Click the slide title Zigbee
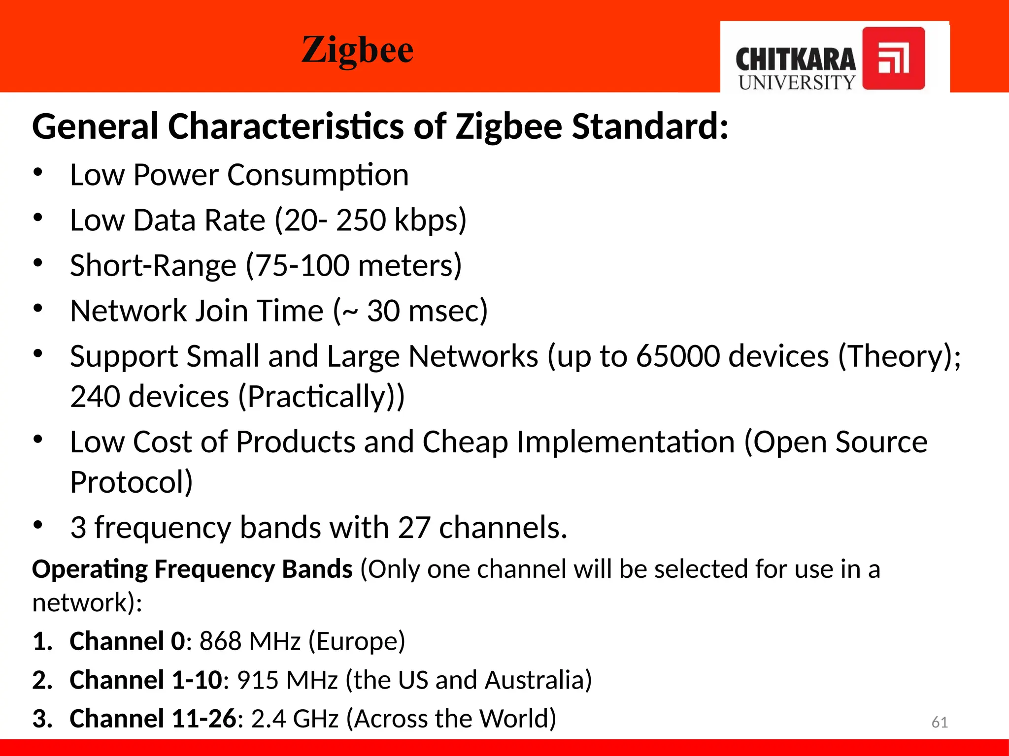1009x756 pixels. point(357,50)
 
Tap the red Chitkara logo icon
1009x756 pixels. point(893,58)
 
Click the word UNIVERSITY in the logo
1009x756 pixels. point(797,82)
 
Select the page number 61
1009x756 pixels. point(940,722)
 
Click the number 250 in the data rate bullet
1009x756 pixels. point(361,220)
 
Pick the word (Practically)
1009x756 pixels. point(321,397)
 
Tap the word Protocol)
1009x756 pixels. point(131,482)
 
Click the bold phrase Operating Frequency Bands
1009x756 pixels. point(192,569)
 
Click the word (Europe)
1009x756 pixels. point(357,641)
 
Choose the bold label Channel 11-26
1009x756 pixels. point(153,719)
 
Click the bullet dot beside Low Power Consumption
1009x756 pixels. point(38,173)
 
